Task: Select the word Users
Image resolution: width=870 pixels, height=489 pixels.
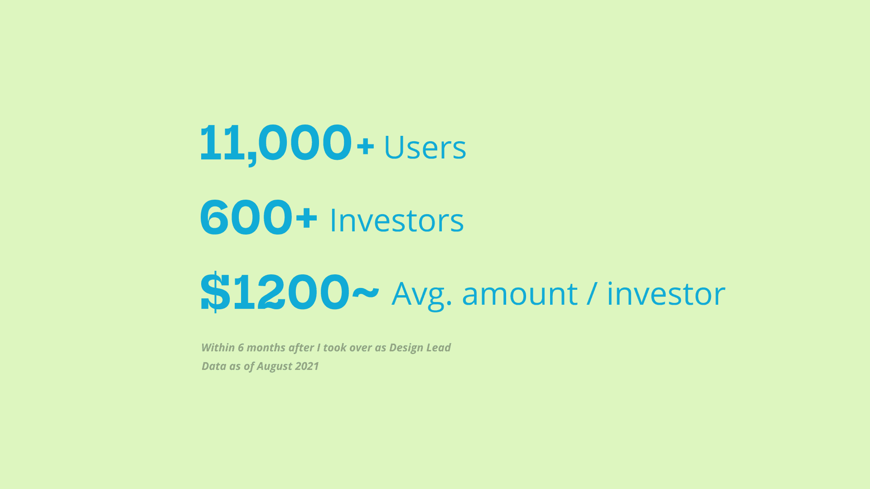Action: pos(425,147)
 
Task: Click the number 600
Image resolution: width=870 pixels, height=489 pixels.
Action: pos(246,217)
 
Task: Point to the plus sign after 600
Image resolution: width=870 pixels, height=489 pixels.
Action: pos(306,217)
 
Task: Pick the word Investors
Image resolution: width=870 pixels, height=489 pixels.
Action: pos(397,221)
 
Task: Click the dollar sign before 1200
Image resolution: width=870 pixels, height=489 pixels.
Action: pos(215,292)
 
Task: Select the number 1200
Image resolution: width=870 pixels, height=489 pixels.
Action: pos(291,292)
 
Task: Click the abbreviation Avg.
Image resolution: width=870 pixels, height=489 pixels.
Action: pos(421,294)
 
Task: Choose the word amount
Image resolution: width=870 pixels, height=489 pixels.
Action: pos(520,294)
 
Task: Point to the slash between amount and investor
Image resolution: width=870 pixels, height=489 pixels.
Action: pos(592,293)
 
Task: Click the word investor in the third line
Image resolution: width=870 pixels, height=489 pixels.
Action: pos(666,293)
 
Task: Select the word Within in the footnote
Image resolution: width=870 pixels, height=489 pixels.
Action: pos(218,347)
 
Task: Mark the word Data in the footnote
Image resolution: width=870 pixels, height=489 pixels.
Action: pos(214,366)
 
